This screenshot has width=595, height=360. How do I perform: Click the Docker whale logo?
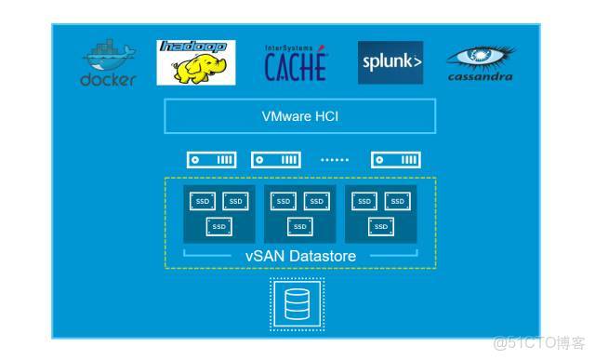tap(108, 55)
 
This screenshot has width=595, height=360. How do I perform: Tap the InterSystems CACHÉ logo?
tap(296, 63)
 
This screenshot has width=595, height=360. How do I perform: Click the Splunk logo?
tap(390, 63)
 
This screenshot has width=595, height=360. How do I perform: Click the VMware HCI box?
tap(299, 117)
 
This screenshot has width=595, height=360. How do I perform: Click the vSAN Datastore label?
tap(299, 255)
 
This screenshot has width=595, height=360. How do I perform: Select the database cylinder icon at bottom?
tap(297, 303)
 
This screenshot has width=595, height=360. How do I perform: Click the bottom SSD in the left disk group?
tap(218, 226)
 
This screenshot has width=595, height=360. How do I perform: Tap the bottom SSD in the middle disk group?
tap(299, 226)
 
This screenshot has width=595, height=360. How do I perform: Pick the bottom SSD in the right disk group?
tap(380, 226)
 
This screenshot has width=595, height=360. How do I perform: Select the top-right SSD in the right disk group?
tap(397, 201)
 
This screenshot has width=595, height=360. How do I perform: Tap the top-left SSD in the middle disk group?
tap(284, 201)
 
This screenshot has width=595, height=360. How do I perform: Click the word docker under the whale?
tap(108, 79)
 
